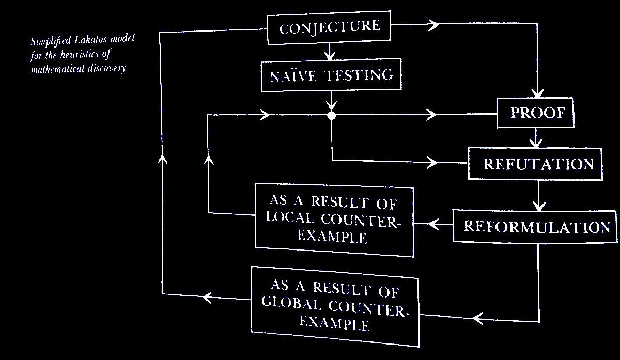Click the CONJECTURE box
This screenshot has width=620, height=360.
tap(329, 27)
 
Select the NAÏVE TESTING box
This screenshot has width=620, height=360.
tap(331, 76)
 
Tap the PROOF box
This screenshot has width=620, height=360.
tap(536, 113)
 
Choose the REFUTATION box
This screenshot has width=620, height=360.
tap(535, 164)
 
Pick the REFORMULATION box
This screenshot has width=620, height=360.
tap(535, 227)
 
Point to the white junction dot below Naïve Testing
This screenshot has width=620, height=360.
tap(332, 115)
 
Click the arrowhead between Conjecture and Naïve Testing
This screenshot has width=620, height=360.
tap(330, 53)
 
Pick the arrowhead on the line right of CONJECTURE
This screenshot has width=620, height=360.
tap(432, 25)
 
